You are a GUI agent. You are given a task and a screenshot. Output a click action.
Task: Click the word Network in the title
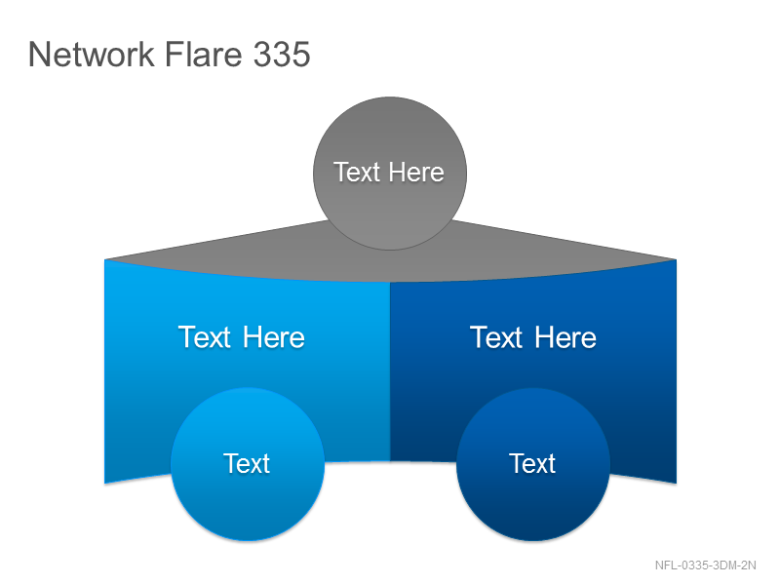92,54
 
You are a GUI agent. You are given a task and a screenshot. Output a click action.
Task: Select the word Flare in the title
203,54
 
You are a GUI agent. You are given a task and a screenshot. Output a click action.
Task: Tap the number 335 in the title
282,54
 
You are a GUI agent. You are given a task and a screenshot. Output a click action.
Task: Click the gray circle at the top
390,174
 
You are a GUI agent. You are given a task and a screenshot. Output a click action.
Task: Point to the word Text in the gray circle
357,173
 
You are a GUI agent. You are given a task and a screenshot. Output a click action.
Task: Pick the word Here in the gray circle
416,173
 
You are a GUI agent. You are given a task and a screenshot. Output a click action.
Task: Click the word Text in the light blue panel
205,337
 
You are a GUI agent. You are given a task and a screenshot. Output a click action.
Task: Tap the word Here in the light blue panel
274,337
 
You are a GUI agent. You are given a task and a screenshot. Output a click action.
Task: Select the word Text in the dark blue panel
496,337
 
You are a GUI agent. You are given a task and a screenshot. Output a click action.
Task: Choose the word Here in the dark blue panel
565,337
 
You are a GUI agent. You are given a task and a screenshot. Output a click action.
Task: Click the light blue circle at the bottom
248,464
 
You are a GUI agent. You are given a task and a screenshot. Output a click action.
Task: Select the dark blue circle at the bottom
533,464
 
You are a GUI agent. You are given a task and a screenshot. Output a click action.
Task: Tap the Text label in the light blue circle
247,464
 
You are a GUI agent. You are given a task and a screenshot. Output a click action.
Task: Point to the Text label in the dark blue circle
532,464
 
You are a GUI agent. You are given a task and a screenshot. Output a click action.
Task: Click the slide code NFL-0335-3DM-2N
705,565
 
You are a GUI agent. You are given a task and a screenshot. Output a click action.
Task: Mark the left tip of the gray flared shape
104,259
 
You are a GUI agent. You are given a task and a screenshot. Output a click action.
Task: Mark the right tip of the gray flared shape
676,259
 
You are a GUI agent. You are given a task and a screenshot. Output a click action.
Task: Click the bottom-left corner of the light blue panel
104,483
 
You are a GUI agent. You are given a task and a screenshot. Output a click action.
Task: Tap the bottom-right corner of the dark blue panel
676,483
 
